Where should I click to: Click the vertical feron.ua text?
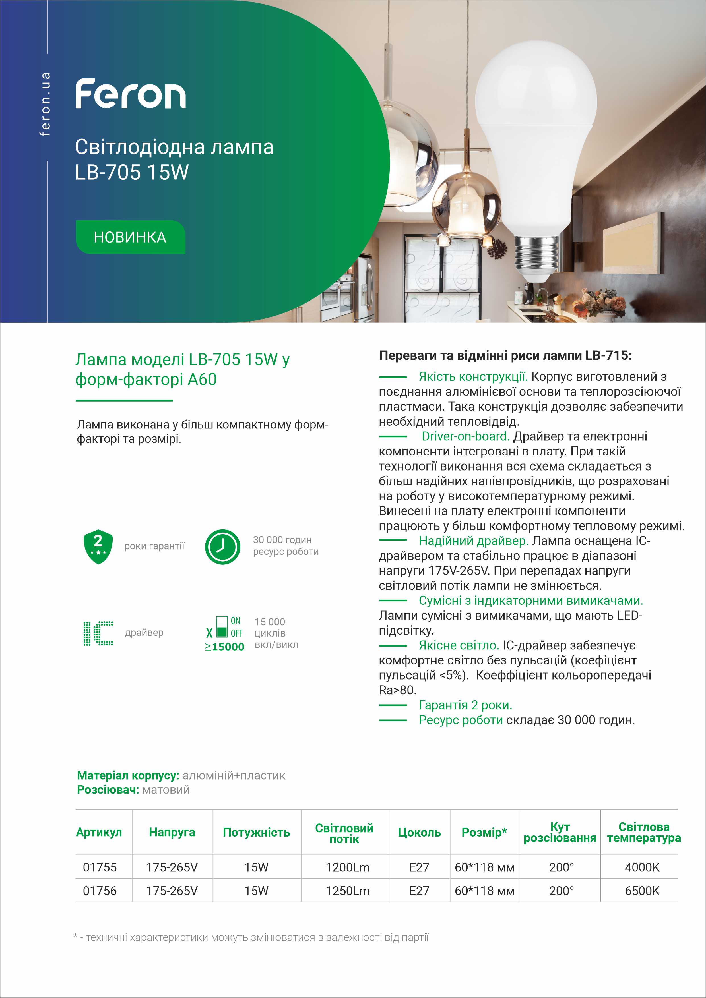[x=45, y=104]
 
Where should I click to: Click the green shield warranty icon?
[x=98, y=546]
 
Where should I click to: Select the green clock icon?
[x=222, y=546]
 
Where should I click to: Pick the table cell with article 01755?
[x=100, y=867]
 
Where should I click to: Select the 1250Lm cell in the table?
[x=347, y=891]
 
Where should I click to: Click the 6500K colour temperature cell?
[x=642, y=891]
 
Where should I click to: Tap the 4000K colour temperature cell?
[x=642, y=867]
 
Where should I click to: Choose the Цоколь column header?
[x=419, y=833]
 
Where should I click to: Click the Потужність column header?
[x=256, y=833]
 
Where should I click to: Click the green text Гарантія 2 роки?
[x=465, y=705]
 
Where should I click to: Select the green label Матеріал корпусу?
[x=128, y=775]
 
